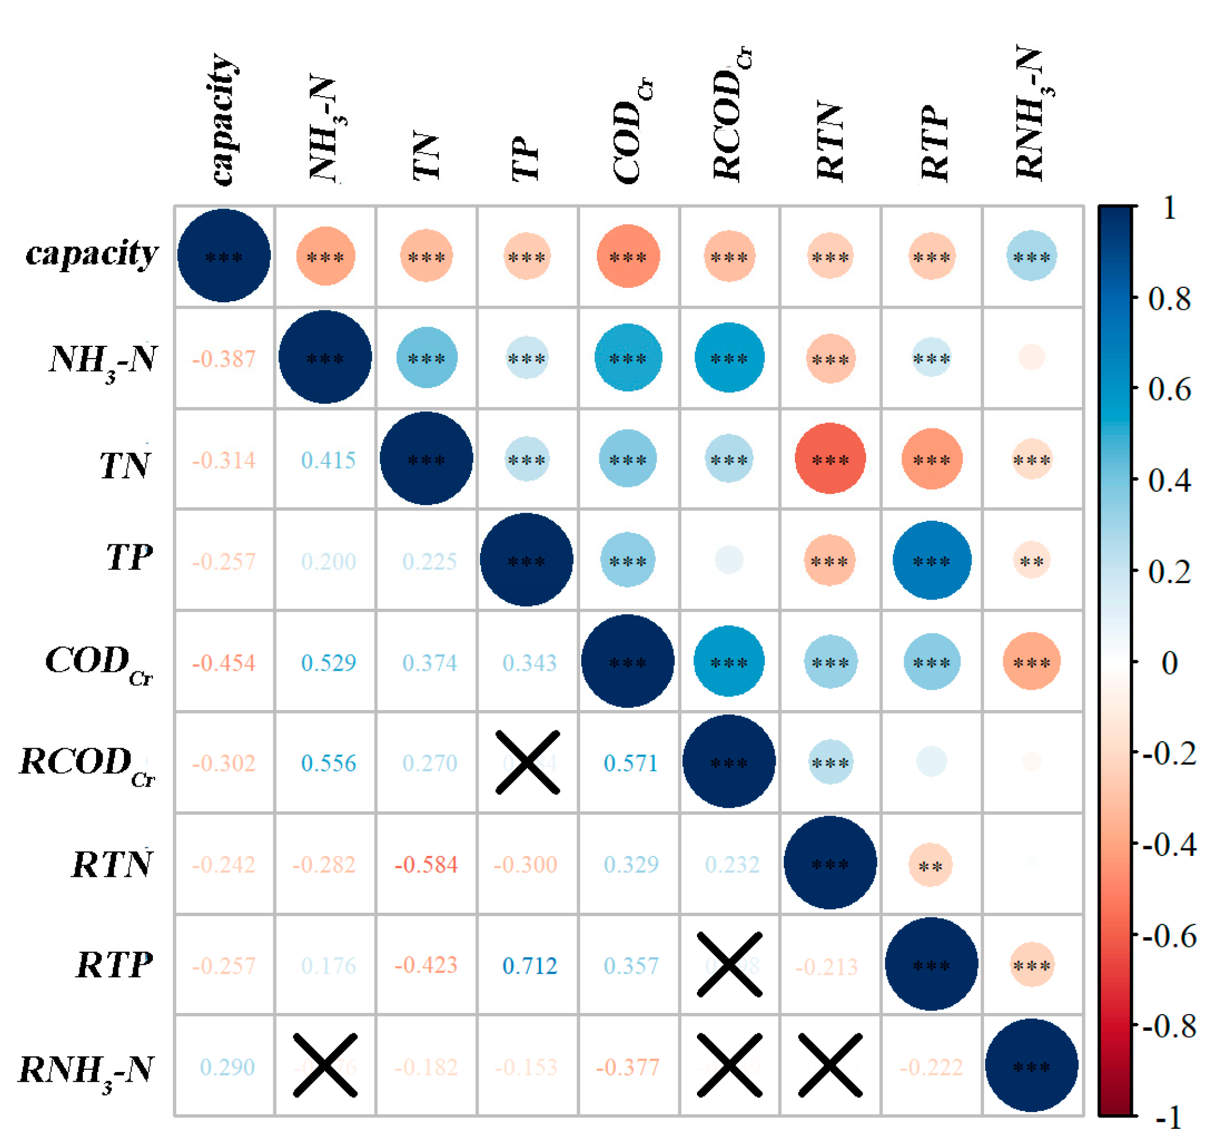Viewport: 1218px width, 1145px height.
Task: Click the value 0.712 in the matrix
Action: [x=529, y=965]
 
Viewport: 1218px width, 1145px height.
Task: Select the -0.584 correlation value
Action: [x=426, y=864]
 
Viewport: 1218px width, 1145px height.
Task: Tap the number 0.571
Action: [x=630, y=763]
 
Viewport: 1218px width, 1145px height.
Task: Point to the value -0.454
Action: [x=223, y=663]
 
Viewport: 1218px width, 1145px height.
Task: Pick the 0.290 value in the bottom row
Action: [x=227, y=1067]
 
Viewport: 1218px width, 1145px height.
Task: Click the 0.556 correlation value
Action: [x=328, y=763]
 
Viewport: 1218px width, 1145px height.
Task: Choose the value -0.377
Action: [x=628, y=1067]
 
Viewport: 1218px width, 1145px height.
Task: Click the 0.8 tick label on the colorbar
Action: [x=1169, y=299]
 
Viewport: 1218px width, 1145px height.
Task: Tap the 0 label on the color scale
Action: [x=1169, y=663]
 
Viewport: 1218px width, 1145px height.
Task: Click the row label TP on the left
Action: [x=129, y=558]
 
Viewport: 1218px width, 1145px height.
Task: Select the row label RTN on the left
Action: [x=112, y=864]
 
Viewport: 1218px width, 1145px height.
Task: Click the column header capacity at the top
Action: [x=223, y=119]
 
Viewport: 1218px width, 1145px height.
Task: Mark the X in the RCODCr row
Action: [x=527, y=762]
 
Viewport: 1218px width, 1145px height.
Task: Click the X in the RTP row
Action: [x=729, y=965]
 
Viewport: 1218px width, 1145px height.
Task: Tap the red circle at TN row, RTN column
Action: [x=830, y=459]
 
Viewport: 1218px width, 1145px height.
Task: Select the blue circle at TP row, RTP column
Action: [x=931, y=559]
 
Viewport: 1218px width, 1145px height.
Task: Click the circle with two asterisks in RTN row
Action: [x=930, y=865]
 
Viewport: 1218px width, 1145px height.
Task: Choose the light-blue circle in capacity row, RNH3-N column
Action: [x=1032, y=255]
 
